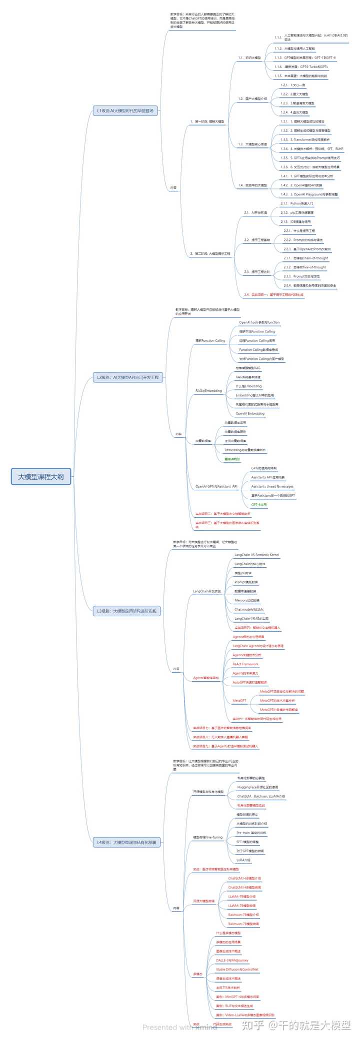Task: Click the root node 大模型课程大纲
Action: [x=41, y=476]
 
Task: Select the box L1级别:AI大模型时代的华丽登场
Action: [x=125, y=110]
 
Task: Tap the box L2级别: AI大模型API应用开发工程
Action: [x=128, y=377]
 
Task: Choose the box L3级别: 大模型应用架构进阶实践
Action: [x=126, y=611]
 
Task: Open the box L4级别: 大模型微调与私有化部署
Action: [x=126, y=842]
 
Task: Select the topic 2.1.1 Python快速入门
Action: [x=301, y=203]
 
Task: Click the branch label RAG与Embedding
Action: [x=208, y=390]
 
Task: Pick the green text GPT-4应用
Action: [x=259, y=505]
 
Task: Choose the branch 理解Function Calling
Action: [x=210, y=340]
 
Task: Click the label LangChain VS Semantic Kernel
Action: [x=256, y=555]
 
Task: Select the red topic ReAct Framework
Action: [x=245, y=664]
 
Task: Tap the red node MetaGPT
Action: [x=239, y=700]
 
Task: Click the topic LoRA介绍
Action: [x=243, y=860]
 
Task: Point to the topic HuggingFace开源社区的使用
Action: [x=257, y=787]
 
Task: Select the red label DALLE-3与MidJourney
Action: [x=232, y=960]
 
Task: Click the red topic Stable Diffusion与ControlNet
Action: [x=237, y=969]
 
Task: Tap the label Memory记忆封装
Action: [x=247, y=600]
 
